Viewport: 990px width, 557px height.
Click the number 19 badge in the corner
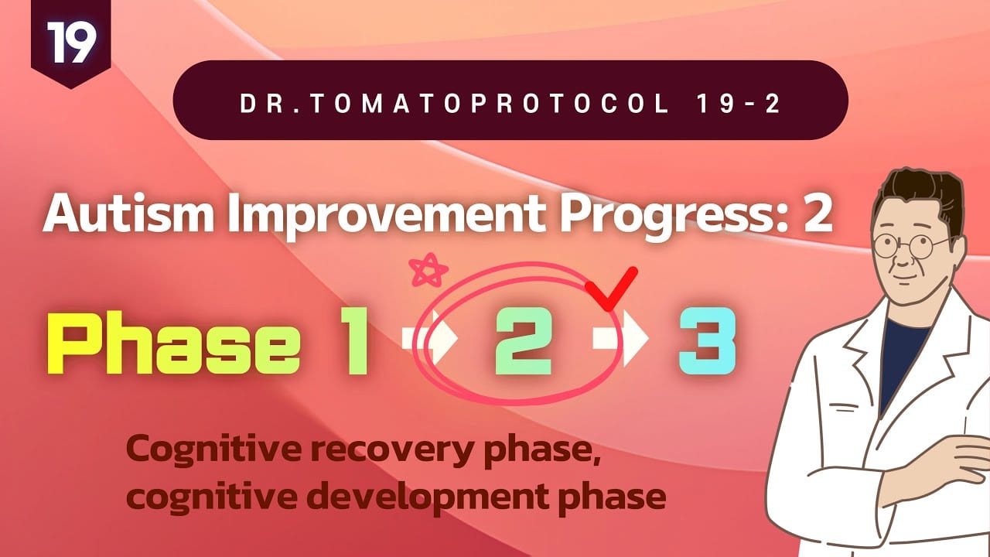70,42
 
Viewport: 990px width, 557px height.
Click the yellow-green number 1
354,341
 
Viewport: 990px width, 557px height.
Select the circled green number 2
524,341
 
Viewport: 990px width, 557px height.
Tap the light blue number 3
707,341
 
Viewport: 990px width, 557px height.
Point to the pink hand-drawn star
428,270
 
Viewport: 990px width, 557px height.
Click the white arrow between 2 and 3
620,338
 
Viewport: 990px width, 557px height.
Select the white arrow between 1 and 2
429,338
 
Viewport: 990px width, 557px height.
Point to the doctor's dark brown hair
920,199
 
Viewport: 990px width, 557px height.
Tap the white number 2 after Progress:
818,214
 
